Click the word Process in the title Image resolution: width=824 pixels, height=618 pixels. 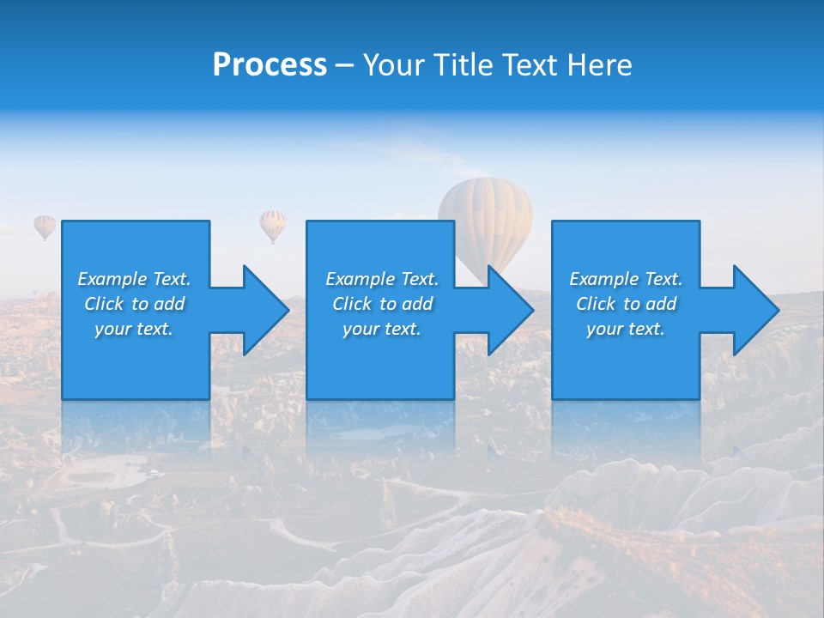point(270,65)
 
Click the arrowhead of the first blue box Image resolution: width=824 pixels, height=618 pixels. point(261,310)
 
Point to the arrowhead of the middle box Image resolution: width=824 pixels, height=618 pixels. point(506,310)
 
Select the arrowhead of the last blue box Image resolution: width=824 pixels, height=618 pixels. point(751,310)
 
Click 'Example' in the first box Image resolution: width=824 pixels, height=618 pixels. point(112,279)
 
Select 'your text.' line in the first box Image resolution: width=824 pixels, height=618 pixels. point(134,329)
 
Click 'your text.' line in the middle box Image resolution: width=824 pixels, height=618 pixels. point(382,329)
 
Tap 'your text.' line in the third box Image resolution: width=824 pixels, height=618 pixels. point(626,329)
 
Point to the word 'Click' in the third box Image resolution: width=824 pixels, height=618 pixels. point(596,304)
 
